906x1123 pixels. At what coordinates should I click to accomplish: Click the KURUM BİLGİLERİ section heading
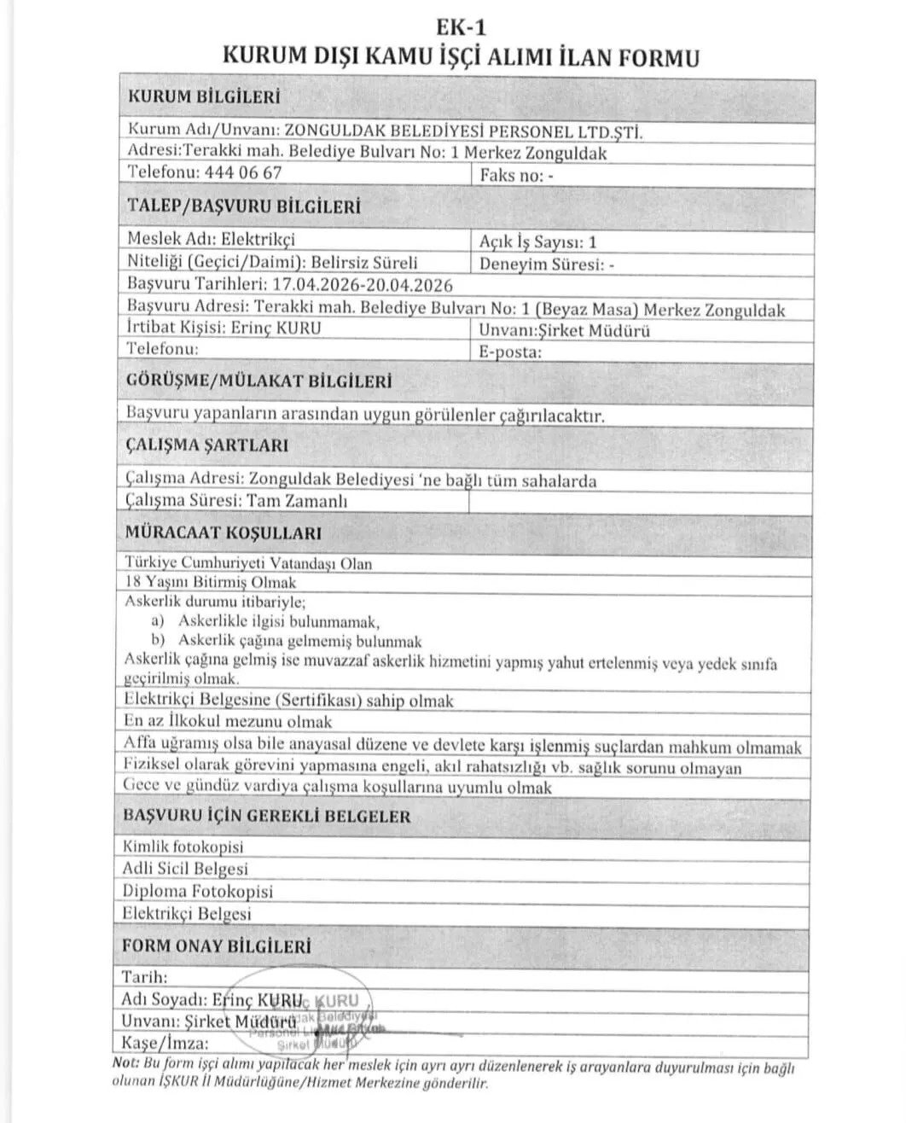(x=203, y=97)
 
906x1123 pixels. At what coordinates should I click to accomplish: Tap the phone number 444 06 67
(x=243, y=172)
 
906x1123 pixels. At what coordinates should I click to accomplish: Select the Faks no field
(x=518, y=175)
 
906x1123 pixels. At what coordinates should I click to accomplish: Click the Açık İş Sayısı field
(x=538, y=242)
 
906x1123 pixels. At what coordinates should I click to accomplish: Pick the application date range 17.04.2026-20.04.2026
(x=361, y=284)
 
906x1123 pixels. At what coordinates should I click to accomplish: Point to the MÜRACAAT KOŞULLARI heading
(x=223, y=533)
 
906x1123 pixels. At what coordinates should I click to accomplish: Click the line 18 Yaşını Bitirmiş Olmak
(x=210, y=582)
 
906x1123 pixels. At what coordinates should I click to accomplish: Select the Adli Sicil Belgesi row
(x=185, y=869)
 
